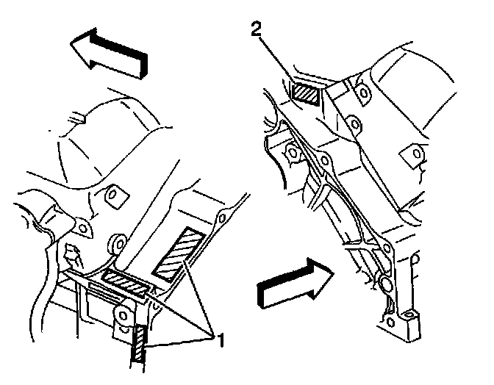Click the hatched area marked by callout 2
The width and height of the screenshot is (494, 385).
point(305,93)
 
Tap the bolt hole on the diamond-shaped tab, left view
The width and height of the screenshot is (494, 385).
point(113,195)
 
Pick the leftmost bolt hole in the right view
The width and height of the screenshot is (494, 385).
point(292,153)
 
